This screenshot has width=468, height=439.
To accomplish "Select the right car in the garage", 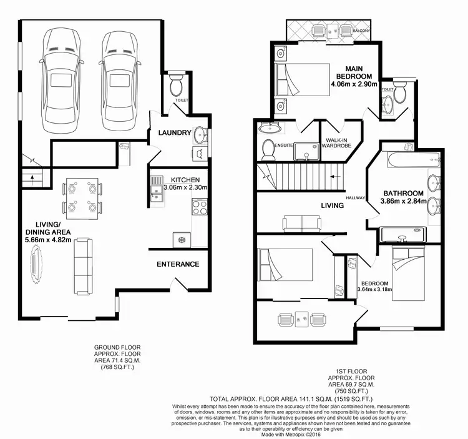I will [x=119, y=78].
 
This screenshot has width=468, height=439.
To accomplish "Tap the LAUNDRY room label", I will [x=174, y=133].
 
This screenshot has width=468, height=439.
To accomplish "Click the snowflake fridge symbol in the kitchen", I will [x=182, y=239].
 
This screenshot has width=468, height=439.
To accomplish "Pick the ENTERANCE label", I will [x=178, y=264].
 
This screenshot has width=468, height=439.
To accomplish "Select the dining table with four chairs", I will [x=82, y=199].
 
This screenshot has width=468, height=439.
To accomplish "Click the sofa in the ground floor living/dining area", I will [x=82, y=267].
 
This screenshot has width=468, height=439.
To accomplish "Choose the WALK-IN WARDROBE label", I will [x=337, y=143].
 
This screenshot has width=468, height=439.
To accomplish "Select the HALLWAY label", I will [x=356, y=197].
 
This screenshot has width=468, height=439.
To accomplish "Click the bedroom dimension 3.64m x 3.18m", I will [x=373, y=289].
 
